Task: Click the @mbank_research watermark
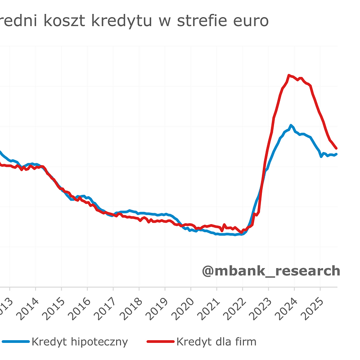point(271,271)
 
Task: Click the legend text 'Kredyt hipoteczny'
point(80,342)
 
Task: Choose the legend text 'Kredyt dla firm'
point(216,342)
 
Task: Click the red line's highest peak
point(289,75)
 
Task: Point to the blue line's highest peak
point(291,125)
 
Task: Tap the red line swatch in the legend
point(160,342)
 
